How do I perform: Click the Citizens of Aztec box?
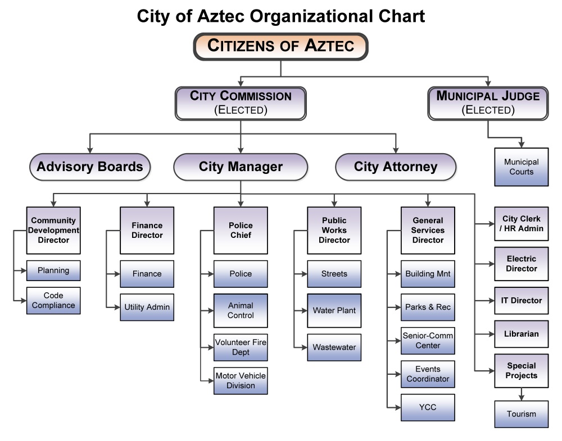(280, 47)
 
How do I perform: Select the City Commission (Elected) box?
(241, 103)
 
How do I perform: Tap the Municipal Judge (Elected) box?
(488, 103)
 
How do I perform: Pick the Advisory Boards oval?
(90, 167)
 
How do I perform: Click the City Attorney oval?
(396, 167)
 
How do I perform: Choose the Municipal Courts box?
(521, 167)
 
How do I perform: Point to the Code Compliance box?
(53, 301)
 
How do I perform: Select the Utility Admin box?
(147, 307)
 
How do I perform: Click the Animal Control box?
(241, 311)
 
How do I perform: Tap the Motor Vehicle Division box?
(241, 381)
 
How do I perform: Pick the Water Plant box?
(334, 311)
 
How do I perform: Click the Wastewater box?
(334, 347)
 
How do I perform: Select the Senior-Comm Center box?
(428, 341)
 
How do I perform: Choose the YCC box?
(428, 407)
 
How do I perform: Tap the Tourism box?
(521, 414)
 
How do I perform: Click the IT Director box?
(521, 301)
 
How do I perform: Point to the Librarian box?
(521, 334)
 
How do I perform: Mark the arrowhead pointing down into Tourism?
(521, 398)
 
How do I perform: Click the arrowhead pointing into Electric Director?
(491, 264)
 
